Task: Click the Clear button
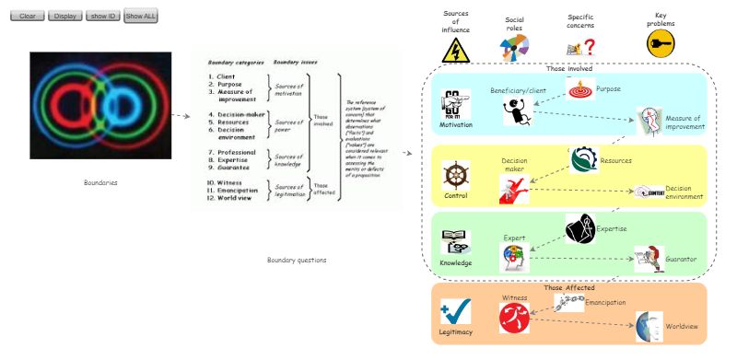click(x=27, y=17)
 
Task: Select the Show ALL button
click(x=141, y=17)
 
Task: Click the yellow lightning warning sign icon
click(x=456, y=51)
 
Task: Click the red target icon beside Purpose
click(x=580, y=90)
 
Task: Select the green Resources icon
click(x=583, y=160)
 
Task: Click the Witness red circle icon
click(x=512, y=318)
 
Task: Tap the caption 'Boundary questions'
click(x=297, y=261)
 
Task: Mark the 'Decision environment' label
click(x=684, y=192)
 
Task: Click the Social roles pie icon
click(x=515, y=47)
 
